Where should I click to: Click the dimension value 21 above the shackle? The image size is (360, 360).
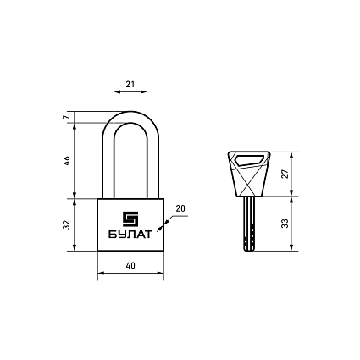tap(130, 84)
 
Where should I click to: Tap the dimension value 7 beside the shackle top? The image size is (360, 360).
tap(66, 117)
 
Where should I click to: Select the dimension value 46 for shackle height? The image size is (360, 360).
tap(67, 161)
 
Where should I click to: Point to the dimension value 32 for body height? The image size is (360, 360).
tap(67, 224)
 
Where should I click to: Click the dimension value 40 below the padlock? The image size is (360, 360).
tap(130, 265)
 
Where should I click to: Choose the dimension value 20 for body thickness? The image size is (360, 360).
tap(180, 208)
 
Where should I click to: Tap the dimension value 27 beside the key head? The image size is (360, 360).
tap(285, 174)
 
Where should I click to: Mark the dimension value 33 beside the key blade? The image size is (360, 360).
tap(285, 224)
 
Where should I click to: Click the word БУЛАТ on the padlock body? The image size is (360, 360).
tap(130, 235)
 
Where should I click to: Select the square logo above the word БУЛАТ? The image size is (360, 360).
tap(130, 219)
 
